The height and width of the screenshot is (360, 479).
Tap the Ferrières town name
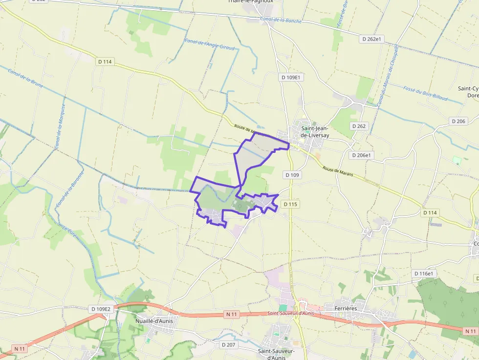coord(346,308)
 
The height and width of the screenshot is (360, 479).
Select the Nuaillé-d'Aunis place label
coord(153,321)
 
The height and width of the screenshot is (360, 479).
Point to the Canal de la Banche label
coord(281,20)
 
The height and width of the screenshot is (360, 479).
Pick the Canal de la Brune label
coord(25,78)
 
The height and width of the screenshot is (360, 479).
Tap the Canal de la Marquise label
coord(60,129)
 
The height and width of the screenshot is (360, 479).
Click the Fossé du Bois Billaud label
coord(425,93)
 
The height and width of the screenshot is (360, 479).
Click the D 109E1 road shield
coord(292,77)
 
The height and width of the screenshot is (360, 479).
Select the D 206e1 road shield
coord(361,155)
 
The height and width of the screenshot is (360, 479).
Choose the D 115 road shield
coord(290,204)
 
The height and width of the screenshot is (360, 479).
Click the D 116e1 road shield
coord(424,274)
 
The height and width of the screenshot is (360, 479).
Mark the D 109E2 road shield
coord(101,309)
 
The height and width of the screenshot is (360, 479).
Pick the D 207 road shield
coord(228,345)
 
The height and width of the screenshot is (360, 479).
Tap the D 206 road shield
coord(458,121)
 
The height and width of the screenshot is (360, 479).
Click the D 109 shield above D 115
coord(292,175)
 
